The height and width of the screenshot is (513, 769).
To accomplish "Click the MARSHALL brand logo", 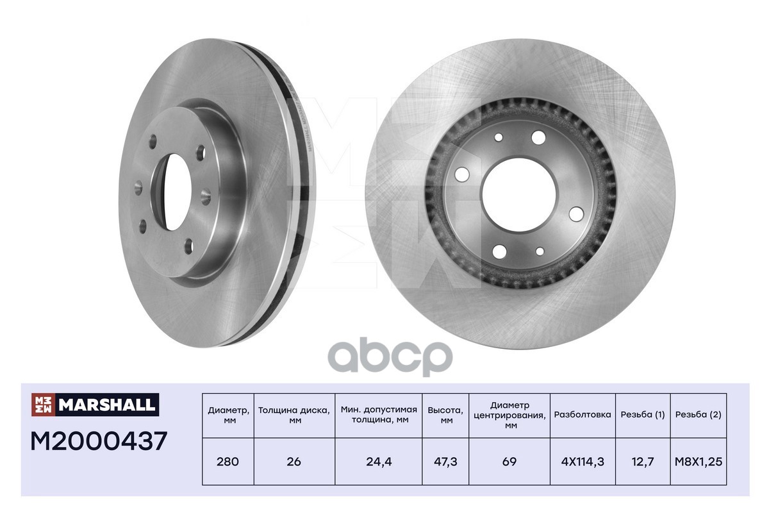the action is [95, 405].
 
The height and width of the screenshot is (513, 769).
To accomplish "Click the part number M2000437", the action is [99, 441].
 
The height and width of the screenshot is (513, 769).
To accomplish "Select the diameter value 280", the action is [227, 462].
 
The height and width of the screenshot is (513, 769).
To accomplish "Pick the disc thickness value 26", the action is [294, 462].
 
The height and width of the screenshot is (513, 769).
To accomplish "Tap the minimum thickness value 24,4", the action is [379, 462].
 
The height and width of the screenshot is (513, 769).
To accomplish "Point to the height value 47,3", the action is [445, 462].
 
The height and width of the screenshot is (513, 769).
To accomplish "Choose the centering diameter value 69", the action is [509, 462].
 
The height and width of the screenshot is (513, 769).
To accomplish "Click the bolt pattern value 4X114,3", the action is [583, 462].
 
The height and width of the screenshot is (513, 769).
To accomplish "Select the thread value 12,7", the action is [643, 462].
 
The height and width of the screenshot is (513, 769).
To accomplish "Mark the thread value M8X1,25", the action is [699, 462].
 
